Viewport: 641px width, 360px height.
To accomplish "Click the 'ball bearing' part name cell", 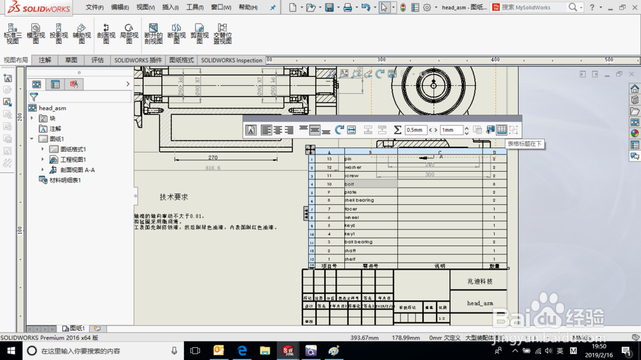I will pyautogui.click(x=358, y=242).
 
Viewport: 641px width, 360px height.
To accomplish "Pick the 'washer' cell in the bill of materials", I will pyautogui.click(x=353, y=167).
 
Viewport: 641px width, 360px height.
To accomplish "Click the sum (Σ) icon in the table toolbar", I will pyautogui.click(x=397, y=130).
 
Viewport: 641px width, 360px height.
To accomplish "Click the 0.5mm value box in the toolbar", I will pyautogui.click(x=415, y=130).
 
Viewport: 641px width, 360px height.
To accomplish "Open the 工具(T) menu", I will pyautogui.click(x=195, y=8).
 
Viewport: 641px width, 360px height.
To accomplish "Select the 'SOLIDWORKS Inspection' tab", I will pyautogui.click(x=231, y=60).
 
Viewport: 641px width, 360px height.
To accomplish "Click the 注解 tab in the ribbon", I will pyautogui.click(x=45, y=60).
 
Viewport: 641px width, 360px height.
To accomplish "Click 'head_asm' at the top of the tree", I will pyautogui.click(x=53, y=108).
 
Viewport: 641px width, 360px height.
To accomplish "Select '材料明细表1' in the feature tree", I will pyautogui.click(x=65, y=181).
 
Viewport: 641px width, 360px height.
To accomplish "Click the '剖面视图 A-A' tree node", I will pyautogui.click(x=78, y=170).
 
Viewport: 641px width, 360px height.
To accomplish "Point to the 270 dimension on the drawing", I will pyautogui.click(x=213, y=157).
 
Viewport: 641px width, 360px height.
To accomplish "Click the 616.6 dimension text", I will pyautogui.click(x=213, y=168).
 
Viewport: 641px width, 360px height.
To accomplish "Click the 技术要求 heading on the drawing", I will pyautogui.click(x=174, y=197).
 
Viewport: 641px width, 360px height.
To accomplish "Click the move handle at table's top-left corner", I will pyautogui.click(x=310, y=149).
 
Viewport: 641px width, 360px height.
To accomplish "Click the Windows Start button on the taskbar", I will pyautogui.click(x=11, y=350).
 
